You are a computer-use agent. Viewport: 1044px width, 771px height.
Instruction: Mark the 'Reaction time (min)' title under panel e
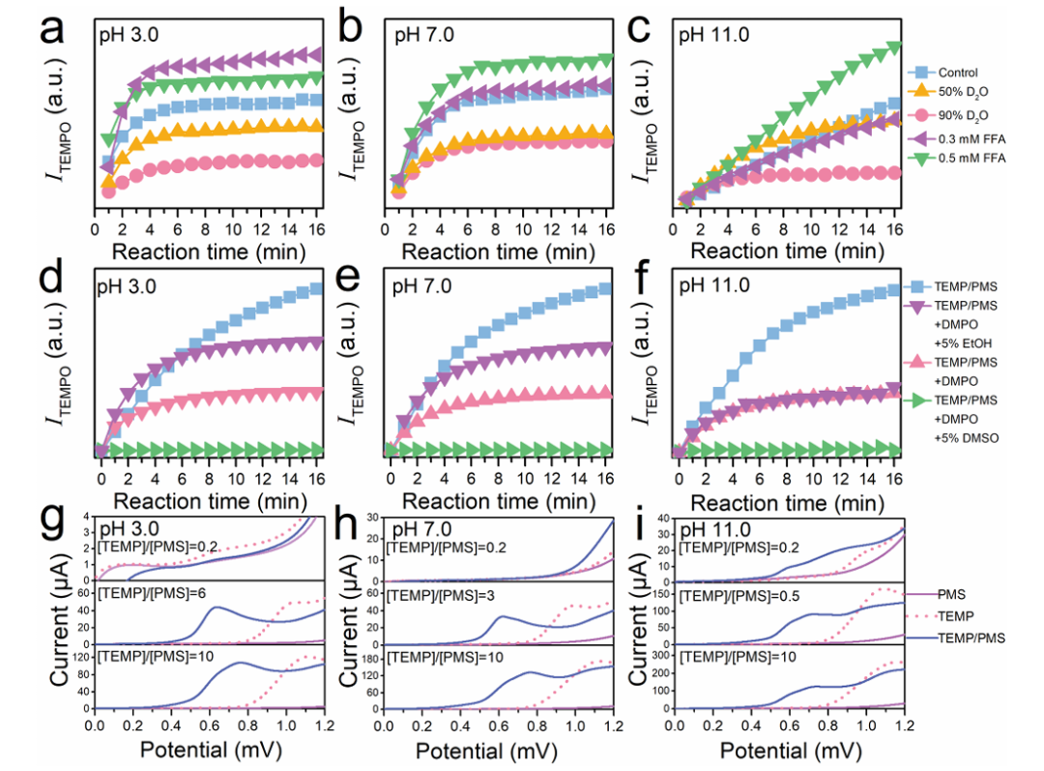tap(500, 500)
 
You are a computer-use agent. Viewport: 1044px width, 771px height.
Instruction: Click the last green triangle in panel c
tap(894, 46)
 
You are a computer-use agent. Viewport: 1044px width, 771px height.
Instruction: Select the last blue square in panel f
tap(894, 289)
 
